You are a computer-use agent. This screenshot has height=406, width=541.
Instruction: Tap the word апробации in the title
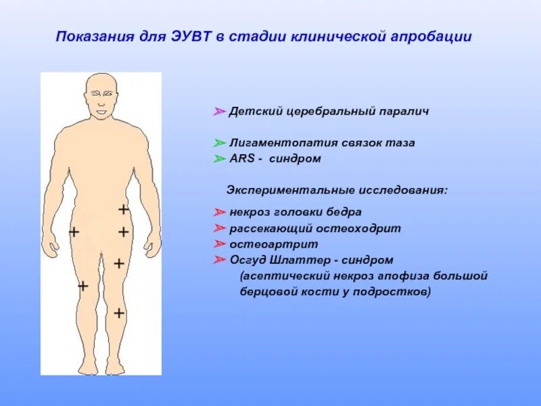pos(431,36)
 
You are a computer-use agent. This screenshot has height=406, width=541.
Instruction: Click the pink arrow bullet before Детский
pos(219,111)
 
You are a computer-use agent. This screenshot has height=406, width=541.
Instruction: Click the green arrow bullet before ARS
pos(219,160)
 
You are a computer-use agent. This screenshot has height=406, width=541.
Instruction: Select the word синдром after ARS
pos(295,160)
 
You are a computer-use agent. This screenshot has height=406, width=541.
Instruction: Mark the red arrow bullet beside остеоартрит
pos(219,244)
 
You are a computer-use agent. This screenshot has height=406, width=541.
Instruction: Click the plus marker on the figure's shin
pos(119,313)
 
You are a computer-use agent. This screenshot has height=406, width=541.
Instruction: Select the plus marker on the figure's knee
pos(83,286)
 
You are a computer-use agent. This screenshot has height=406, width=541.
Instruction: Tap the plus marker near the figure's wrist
pos(74,232)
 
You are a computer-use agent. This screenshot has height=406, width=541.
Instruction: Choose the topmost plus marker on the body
pos(123,210)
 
